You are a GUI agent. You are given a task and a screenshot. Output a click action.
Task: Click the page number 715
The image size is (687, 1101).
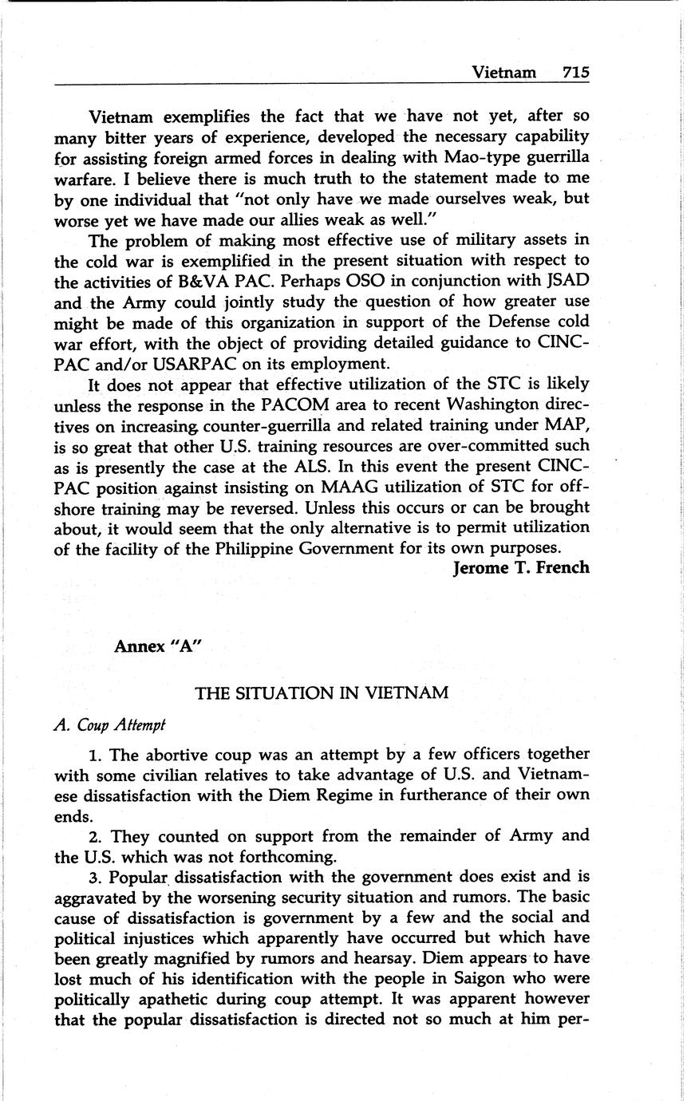574,73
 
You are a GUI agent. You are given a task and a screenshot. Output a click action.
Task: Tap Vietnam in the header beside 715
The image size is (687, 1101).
503,73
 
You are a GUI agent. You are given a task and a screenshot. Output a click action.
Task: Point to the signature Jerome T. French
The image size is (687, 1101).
520,569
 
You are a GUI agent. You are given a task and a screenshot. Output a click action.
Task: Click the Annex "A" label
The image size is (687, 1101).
157,645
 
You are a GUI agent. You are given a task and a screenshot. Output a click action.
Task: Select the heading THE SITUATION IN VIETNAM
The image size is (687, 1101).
322,693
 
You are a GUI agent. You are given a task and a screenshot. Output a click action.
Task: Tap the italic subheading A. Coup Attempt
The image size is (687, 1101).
109,725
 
